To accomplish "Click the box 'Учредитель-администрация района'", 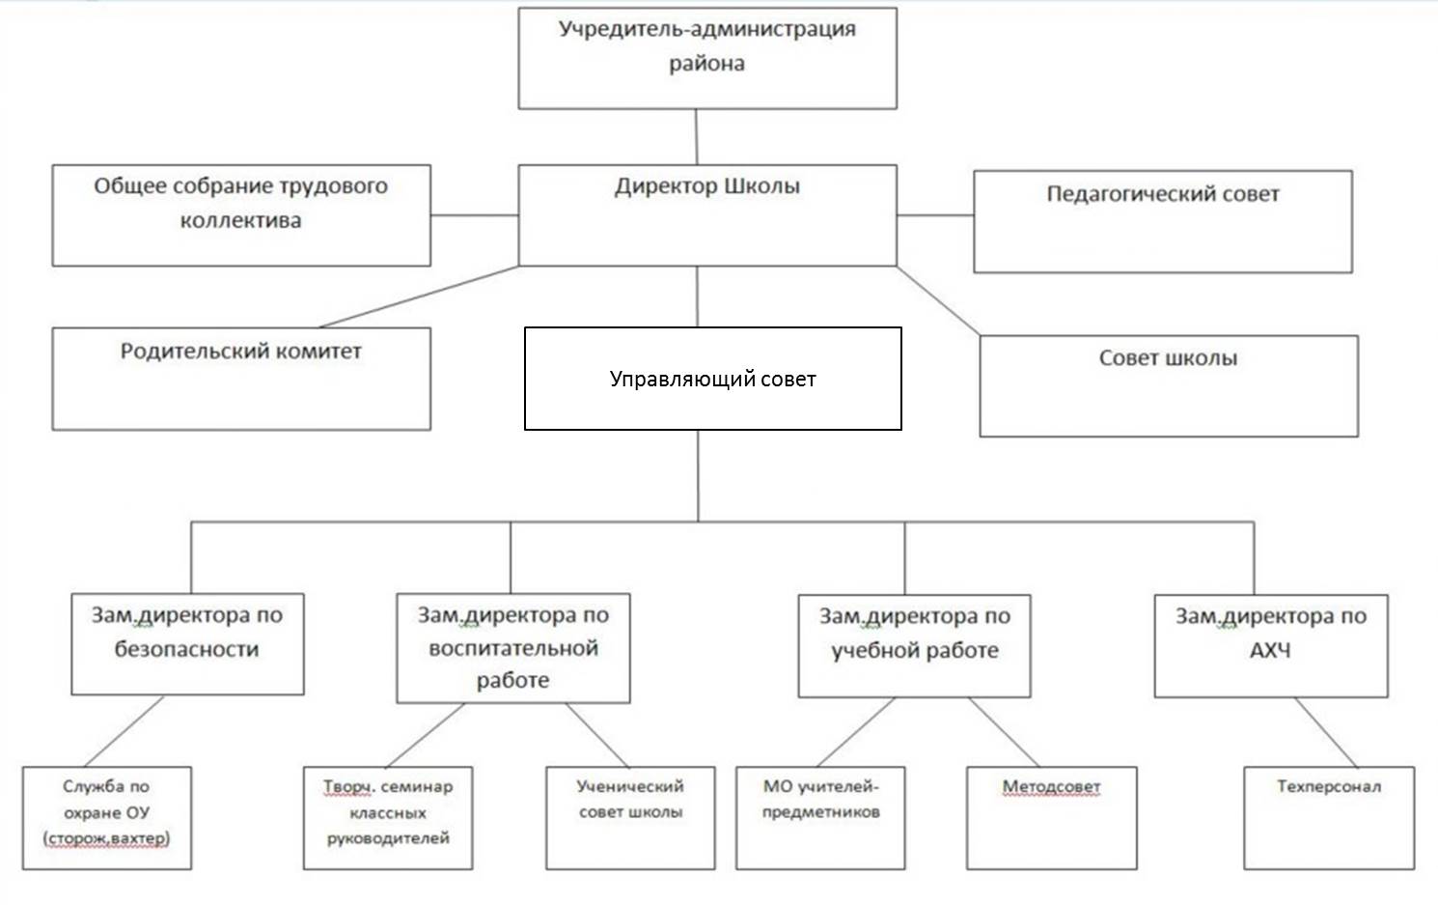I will tap(707, 58).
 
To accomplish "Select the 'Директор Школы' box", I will tap(707, 214).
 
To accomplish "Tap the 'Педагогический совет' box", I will tap(1162, 222).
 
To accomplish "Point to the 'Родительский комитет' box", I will tap(241, 379).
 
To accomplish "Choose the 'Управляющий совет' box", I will tap(712, 379).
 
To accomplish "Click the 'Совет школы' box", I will tap(1168, 385).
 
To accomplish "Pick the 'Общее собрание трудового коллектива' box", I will tap(241, 214).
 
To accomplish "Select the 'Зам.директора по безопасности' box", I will tap(187, 643).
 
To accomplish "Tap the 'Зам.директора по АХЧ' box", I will tap(1270, 645).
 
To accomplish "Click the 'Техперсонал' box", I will tap(1328, 817).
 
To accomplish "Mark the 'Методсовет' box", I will tap(1051, 817).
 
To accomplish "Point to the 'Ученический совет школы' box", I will tap(630, 817).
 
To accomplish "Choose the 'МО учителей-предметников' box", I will tap(820, 817).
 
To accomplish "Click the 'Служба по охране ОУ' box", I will tap(106, 817).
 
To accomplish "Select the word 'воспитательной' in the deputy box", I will tap(513, 648).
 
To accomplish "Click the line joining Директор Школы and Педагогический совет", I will tap(934, 215).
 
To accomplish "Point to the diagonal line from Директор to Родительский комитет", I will tap(419, 297).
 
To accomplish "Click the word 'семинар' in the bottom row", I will tap(416, 787).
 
